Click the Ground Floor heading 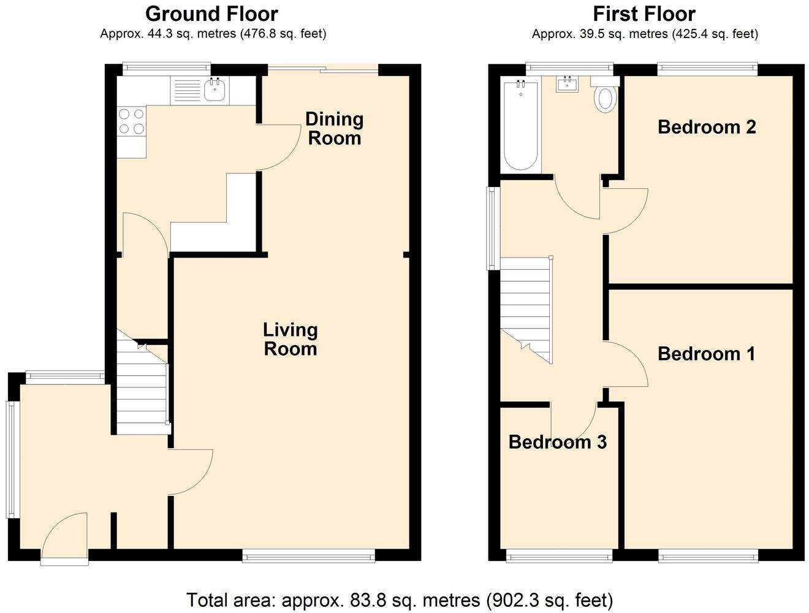(211, 13)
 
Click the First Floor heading (644, 13)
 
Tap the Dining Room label (334, 128)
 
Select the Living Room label (290, 339)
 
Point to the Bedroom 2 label (707, 127)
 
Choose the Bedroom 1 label (706, 354)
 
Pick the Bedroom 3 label (557, 441)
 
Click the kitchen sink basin (215, 91)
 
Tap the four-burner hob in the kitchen (132, 121)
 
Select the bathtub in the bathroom (520, 126)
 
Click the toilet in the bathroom (606, 97)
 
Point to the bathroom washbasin (568, 84)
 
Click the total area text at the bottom (399, 599)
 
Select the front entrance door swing (66, 535)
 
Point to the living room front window (308, 556)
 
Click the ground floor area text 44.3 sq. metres (213, 34)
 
